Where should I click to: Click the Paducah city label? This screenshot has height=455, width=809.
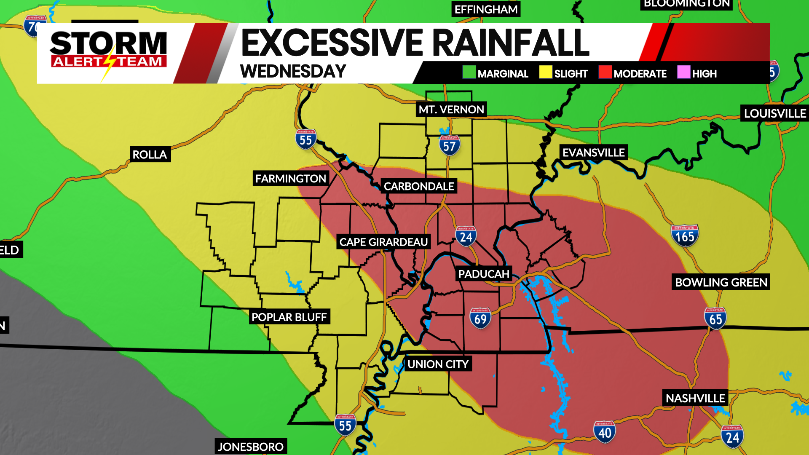click(x=484, y=274)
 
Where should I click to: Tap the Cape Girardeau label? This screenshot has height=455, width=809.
click(x=383, y=242)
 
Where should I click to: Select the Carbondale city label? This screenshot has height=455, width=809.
click(x=419, y=187)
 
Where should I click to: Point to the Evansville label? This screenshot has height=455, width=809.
click(x=593, y=153)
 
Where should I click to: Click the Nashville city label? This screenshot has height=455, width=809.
click(x=695, y=398)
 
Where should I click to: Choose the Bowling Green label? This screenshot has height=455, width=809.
click(x=721, y=282)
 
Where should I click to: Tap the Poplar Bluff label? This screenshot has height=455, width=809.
click(x=289, y=317)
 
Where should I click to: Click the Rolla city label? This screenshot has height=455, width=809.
click(x=150, y=155)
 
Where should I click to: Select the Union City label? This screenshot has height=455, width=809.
click(x=438, y=364)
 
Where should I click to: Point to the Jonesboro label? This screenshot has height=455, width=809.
click(x=251, y=447)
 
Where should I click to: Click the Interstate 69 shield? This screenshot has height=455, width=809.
click(x=480, y=318)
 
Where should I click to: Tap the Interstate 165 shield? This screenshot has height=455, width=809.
click(x=685, y=236)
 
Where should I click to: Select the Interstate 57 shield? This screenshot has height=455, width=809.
click(x=450, y=146)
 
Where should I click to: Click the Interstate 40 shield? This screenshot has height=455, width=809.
click(x=605, y=432)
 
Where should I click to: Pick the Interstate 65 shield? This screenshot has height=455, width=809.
click(x=715, y=318)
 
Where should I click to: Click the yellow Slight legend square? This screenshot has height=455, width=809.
click(x=546, y=72)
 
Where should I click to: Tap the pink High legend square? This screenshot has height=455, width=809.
click(x=683, y=72)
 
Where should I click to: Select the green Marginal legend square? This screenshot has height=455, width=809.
click(x=469, y=72)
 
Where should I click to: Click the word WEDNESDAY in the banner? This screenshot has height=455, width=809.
click(x=293, y=71)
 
